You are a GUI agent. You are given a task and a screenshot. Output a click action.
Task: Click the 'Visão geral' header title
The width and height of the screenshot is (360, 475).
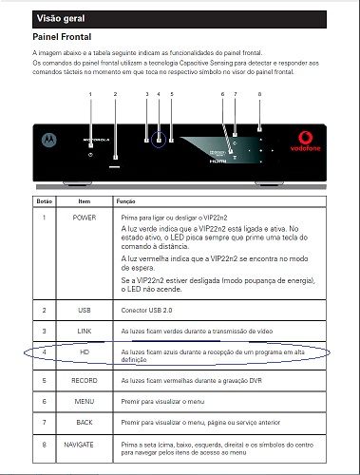click(x=58, y=17)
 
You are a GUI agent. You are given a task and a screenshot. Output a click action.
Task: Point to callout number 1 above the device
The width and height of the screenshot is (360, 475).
click(x=90, y=94)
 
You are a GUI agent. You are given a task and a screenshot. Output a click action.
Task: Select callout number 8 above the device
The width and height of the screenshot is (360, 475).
click(x=259, y=94)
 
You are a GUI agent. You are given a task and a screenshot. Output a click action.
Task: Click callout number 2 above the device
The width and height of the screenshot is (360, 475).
click(x=115, y=94)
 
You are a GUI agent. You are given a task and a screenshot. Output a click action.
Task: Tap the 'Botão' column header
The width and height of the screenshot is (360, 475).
click(x=44, y=202)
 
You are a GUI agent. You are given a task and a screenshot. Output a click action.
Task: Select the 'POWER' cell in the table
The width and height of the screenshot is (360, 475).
click(x=84, y=218)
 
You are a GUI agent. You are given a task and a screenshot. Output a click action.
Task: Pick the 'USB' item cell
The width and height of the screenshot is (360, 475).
click(x=84, y=310)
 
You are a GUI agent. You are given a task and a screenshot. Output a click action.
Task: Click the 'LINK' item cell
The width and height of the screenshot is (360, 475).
click(x=84, y=331)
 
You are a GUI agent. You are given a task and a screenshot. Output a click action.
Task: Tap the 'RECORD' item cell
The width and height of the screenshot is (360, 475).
click(x=84, y=380)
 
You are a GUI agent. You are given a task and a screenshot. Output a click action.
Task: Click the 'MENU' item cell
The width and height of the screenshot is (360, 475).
click(x=84, y=401)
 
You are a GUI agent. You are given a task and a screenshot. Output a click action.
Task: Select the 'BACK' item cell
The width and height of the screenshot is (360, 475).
click(x=84, y=422)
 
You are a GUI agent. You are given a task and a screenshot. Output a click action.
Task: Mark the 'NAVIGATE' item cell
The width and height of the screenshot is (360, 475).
click(x=84, y=443)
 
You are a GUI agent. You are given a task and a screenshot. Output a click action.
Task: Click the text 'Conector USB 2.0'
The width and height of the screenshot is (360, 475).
click(x=147, y=310)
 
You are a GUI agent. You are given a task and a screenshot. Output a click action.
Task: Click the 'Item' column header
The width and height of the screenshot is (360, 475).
click(x=84, y=202)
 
